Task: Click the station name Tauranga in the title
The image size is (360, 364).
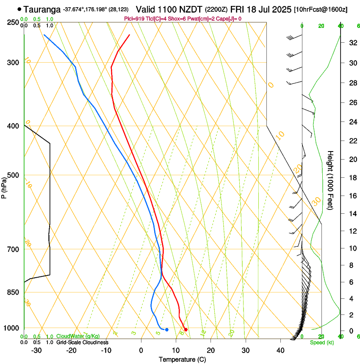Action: tap(42, 9)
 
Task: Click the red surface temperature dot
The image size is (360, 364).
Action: tap(186, 330)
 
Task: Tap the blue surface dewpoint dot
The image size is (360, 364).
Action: tap(167, 329)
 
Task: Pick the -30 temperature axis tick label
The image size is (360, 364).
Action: tap(36, 350)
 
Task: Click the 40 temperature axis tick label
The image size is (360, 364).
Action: tap(280, 350)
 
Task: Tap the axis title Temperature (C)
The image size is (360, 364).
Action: tap(182, 359)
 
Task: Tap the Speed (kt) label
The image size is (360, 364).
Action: tap(321, 342)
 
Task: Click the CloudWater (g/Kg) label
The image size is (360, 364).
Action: tap(78, 336)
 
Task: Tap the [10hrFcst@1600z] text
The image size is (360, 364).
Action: tap(320, 9)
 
